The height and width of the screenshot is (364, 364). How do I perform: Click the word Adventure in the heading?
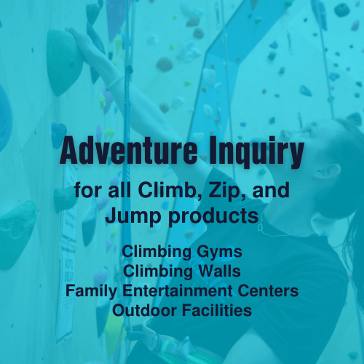point(119,151)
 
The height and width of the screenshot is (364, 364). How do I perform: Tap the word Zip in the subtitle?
point(221,193)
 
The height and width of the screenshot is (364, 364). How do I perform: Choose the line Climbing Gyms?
point(181,251)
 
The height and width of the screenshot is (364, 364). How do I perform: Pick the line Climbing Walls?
point(181,271)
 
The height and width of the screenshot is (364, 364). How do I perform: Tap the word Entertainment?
point(178,290)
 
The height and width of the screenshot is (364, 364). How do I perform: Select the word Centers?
point(270,290)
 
